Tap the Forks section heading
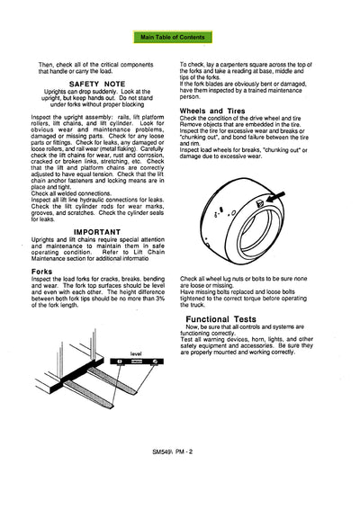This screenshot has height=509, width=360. click(x=41, y=271)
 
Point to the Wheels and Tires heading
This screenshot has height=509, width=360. click(x=216, y=109)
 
